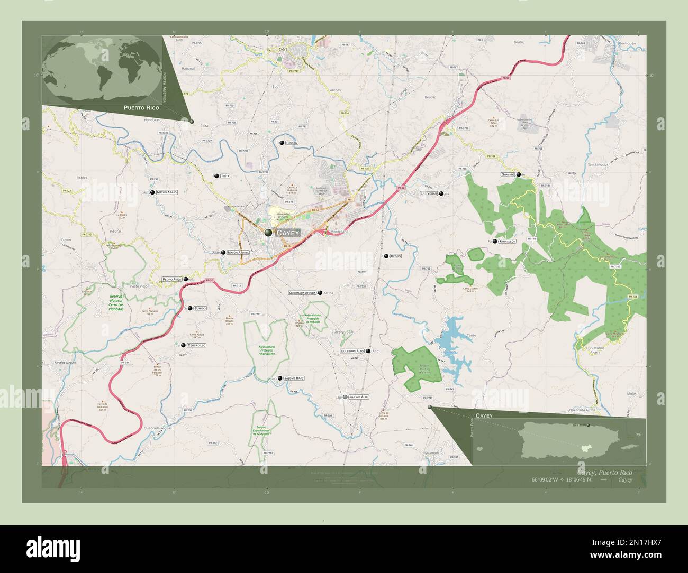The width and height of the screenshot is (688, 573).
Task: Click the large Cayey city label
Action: (x=288, y=233)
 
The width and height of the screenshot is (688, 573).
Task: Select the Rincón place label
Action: (x=292, y=143)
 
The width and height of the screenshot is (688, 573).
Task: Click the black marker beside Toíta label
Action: (x=216, y=176)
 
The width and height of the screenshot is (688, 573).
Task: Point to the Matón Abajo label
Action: (x=167, y=193)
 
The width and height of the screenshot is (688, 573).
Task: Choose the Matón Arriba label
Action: (x=238, y=253)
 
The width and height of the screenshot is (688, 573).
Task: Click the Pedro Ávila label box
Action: (x=172, y=279)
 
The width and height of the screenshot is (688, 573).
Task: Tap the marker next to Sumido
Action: (x=190, y=308)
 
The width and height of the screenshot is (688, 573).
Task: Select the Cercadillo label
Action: (x=196, y=345)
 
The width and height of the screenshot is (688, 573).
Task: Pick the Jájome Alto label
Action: (x=359, y=396)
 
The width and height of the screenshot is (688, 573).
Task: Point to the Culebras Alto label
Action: (x=352, y=351)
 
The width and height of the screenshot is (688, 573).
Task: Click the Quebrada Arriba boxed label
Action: (x=302, y=292)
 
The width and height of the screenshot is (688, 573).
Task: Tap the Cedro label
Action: (x=395, y=256)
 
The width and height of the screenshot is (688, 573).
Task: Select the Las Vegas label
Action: (x=429, y=194)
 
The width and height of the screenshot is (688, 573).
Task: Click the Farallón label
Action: (x=507, y=241)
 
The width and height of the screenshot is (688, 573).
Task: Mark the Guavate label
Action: (x=508, y=174)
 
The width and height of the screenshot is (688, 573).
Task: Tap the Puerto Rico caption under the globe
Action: (x=140, y=107)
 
